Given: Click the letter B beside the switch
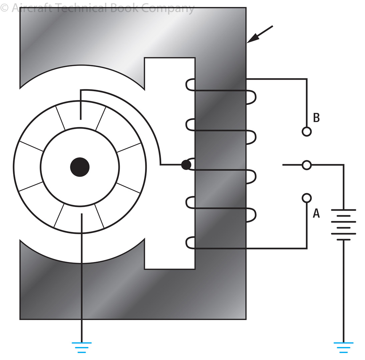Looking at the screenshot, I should pos(316,118).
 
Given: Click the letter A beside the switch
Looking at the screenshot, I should pos(316,213).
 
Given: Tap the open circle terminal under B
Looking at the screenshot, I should pos(307,131).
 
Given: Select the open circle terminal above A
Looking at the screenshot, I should pos(307,198).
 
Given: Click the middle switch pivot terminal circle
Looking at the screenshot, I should pos(307,165).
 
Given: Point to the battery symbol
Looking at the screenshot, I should pos(343,224).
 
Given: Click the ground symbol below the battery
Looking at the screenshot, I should pos(343,347).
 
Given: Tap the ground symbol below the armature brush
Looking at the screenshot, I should pos(81,347).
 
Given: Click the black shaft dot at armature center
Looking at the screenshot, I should pos(80,167).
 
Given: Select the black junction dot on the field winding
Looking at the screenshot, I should pos(186,165).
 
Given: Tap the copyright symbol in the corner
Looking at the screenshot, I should pos(4,8).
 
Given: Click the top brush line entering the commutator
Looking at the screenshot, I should pos(81,105).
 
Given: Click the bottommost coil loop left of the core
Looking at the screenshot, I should pos(190,243).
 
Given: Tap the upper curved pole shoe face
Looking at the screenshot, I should pos(82,66).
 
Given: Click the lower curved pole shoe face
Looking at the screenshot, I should pos(82,263).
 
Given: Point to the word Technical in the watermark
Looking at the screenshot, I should pos(80,8).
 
